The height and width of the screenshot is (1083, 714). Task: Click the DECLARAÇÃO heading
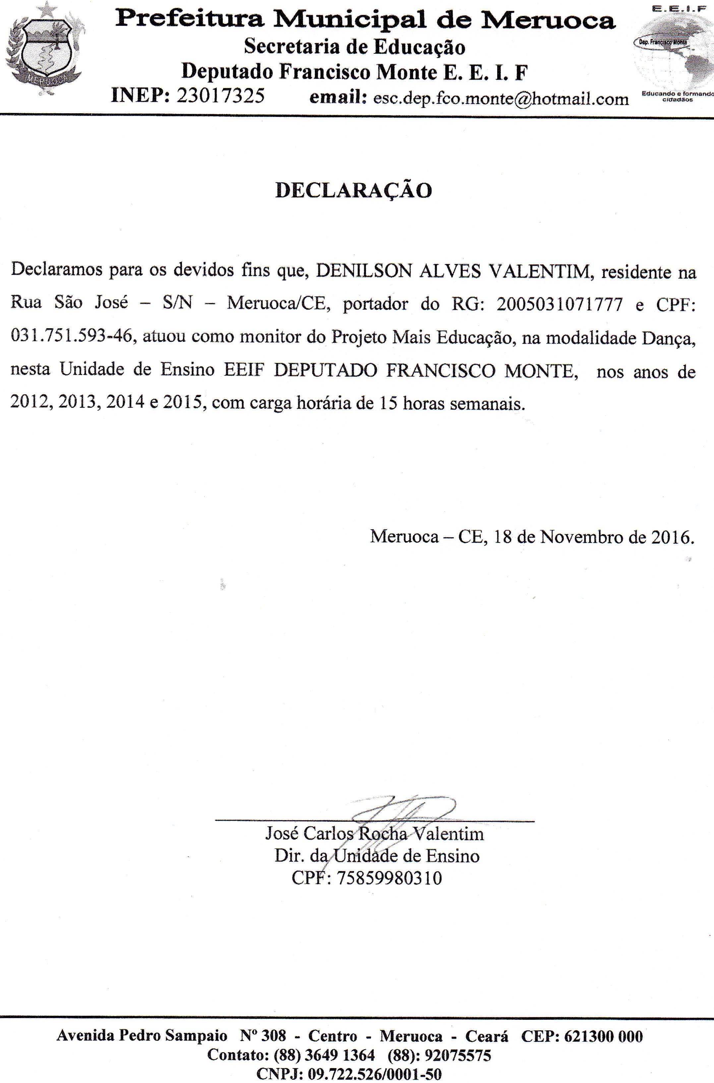(x=354, y=191)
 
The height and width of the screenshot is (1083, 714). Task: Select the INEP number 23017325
(x=220, y=96)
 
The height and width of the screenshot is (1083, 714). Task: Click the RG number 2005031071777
(x=559, y=304)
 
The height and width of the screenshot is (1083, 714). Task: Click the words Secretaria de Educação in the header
(x=354, y=47)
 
